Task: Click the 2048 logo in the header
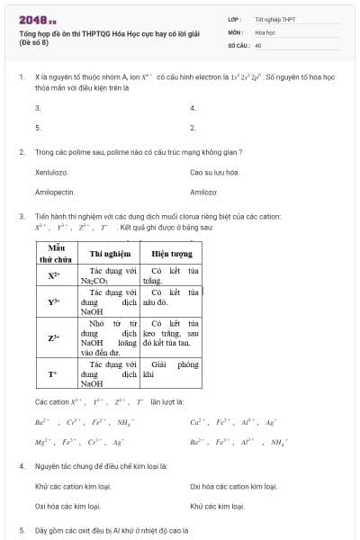(x=36, y=19)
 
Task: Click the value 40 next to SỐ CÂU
(x=257, y=44)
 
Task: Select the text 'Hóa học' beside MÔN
(x=264, y=31)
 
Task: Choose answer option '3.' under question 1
(x=38, y=108)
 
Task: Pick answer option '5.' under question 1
(x=38, y=128)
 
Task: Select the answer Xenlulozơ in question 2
(x=51, y=172)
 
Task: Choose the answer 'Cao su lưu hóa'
(x=214, y=172)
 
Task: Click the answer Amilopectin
(x=54, y=192)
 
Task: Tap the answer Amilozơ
(x=204, y=192)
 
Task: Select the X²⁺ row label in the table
(x=55, y=274)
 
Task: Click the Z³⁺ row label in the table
(x=55, y=338)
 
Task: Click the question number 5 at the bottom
(x=22, y=531)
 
